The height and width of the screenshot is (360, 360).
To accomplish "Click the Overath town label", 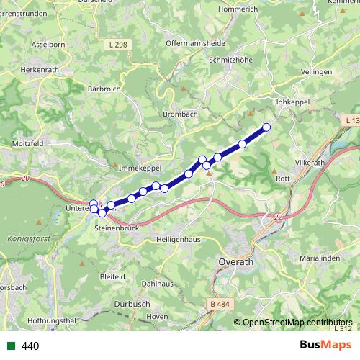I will pos(235,263).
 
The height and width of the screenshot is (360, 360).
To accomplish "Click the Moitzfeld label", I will pos(26,144).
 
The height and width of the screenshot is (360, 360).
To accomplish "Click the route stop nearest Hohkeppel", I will pos(266,127).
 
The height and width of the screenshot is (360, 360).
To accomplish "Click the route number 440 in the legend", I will pos(30,346).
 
